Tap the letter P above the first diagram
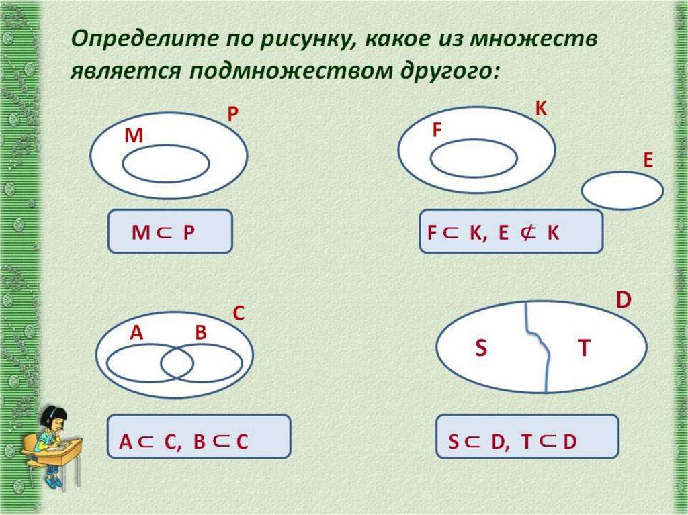point(232,115)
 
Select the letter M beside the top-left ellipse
point(134,136)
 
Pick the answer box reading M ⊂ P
point(170,232)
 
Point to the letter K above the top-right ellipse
point(541,108)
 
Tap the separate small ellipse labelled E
point(622,191)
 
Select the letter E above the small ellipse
point(648,160)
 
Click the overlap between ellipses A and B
point(177,364)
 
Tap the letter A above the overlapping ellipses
point(136,333)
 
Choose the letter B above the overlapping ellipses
point(201,333)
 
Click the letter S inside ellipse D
point(480,348)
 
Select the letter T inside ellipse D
point(584,347)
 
